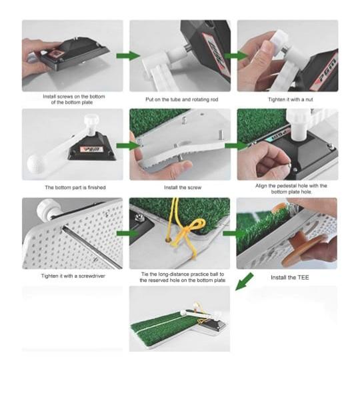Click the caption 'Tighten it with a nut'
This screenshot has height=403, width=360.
[291, 99]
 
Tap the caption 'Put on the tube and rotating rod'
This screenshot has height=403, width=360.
[182, 99]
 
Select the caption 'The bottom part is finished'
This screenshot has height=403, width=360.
[75, 188]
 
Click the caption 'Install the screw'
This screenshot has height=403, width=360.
[183, 188]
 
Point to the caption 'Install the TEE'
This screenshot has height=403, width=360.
[290, 278]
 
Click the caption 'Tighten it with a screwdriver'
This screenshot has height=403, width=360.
[73, 276]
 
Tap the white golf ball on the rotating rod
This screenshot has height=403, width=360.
[35, 163]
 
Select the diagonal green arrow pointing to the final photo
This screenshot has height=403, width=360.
[244, 282]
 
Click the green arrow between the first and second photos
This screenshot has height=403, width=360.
[128, 56]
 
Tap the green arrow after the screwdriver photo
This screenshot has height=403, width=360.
[127, 233]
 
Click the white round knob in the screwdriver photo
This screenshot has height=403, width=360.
[46, 209]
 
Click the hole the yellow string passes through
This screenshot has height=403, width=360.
[168, 240]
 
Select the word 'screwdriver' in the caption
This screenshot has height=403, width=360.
[92, 276]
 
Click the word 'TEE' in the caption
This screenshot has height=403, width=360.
[303, 278]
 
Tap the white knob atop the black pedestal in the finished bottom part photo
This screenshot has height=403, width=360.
[91, 121]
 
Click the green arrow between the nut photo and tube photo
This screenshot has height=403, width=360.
[236, 56]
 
